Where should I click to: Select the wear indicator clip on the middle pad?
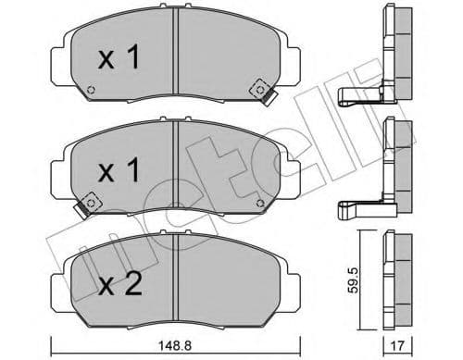tap(92, 202)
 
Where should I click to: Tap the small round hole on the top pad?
tap(90, 91)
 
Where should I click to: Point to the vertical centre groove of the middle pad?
tap(175, 167)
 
